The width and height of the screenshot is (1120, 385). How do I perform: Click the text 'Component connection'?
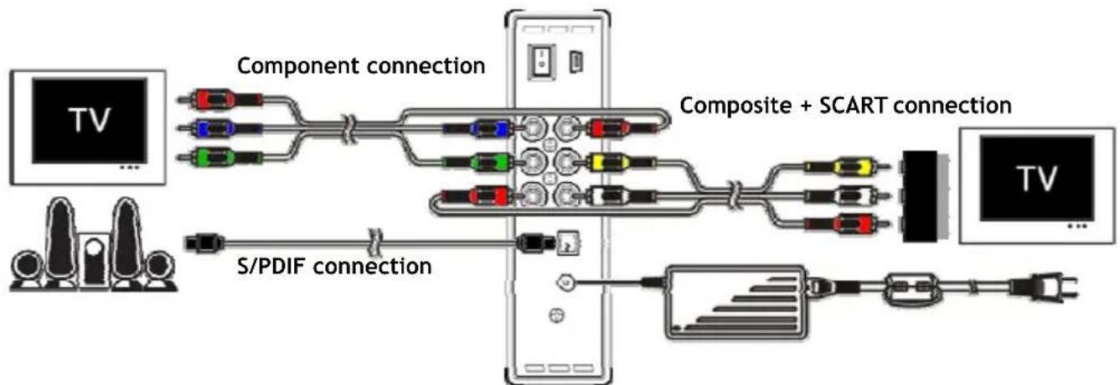[x=360, y=65]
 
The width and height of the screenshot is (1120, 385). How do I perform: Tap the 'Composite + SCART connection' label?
[x=846, y=107]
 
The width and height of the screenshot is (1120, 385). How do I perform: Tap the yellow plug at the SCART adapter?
[x=845, y=168]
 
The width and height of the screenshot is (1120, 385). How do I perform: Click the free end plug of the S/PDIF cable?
[x=201, y=243]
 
